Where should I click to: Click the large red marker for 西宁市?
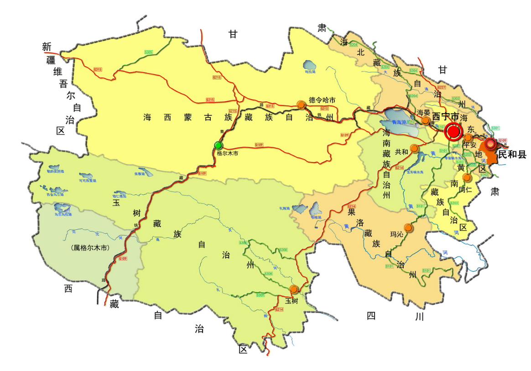(453, 132)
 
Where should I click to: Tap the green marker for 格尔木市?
(219, 145)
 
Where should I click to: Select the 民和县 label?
(512, 155)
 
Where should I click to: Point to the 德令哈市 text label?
(322, 100)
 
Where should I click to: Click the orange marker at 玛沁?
(408, 227)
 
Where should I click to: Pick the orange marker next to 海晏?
(425, 120)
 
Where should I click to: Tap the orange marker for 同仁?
(466, 177)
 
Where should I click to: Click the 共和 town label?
(401, 151)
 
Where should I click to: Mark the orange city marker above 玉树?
(294, 289)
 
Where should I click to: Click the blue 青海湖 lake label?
(400, 122)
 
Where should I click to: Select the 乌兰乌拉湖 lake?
(62, 208)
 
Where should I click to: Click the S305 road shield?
(148, 53)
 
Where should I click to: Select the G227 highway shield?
(441, 87)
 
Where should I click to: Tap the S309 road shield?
(260, 295)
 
